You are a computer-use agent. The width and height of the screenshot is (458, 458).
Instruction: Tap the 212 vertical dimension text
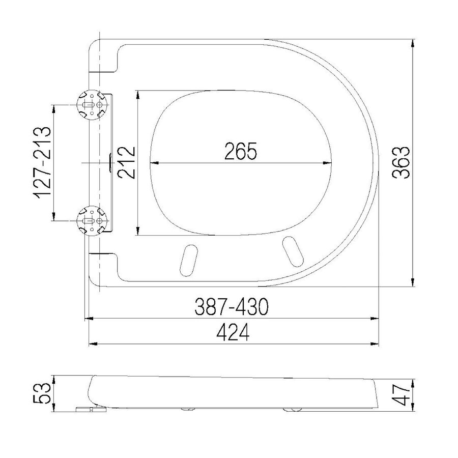(x=125, y=162)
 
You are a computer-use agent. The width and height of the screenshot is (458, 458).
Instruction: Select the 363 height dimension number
(x=402, y=162)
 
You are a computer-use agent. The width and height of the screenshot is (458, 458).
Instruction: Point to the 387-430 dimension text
(x=232, y=307)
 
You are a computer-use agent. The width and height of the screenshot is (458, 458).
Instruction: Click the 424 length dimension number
(x=233, y=333)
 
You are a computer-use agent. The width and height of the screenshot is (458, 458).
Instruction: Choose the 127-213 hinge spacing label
(x=41, y=162)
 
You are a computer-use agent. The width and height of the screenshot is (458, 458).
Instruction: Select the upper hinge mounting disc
(x=92, y=104)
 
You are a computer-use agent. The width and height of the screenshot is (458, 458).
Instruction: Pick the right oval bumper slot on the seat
(x=292, y=250)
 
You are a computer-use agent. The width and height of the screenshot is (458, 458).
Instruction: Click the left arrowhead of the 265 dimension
(x=154, y=163)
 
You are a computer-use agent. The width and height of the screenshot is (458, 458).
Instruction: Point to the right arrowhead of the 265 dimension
(x=330, y=163)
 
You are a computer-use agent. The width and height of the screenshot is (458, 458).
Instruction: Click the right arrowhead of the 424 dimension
(x=377, y=344)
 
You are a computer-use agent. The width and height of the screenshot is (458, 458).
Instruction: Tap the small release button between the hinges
(x=111, y=163)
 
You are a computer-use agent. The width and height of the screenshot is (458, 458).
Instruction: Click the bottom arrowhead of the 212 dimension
(x=138, y=232)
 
